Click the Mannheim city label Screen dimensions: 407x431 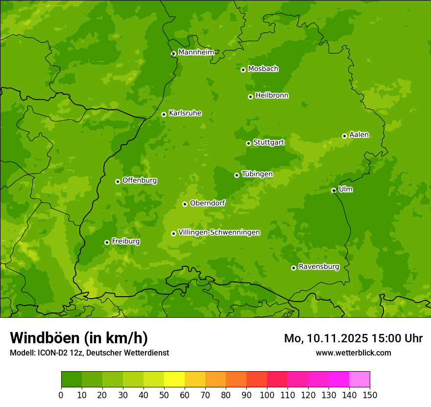tap(196, 52)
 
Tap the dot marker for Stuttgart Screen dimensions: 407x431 tap(248, 143)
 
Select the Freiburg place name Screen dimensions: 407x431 tap(125, 241)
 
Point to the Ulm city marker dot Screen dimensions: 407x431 tap(334, 190)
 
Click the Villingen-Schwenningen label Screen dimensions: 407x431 tap(219, 232)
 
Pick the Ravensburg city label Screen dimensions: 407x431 tap(318, 267)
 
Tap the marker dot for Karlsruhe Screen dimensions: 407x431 tap(164, 114)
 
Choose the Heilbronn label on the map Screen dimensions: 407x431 tap(272, 96)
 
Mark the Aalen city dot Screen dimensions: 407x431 tap(344, 136)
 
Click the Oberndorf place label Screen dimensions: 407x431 tap(207, 203)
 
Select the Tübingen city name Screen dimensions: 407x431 tap(257, 174)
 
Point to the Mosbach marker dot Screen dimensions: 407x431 tap(243, 70)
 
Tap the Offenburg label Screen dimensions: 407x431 tap(140, 180)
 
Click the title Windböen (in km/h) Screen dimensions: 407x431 tap(78, 338)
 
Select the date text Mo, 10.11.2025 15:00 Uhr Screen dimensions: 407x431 tap(353, 338)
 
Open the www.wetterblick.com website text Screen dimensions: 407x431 tap(353, 353)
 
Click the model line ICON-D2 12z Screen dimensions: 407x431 tap(89, 353)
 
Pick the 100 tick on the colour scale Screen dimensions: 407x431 tap(267, 395)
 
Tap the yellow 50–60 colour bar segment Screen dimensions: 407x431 tap(174, 380)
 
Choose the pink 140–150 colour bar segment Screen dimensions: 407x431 tap(359, 380)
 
